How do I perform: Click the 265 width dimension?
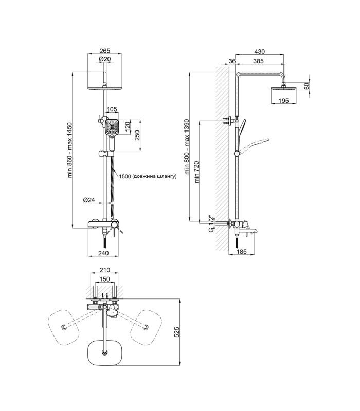[105, 51]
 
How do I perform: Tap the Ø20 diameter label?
[105, 59]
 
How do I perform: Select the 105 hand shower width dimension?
[112, 109]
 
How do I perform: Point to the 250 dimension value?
[137, 135]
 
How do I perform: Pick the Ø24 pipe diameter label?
[88, 200]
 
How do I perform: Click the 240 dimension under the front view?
[103, 253]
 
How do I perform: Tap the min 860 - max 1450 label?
[70, 150]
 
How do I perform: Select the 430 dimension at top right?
[260, 52]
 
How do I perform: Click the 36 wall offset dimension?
[232, 61]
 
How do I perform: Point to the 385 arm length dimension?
[259, 61]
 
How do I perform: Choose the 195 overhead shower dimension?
[283, 100]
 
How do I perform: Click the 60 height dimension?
[307, 86]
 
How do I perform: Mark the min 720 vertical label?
[197, 172]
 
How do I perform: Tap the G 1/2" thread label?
[210, 223]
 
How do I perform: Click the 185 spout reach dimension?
[241, 252]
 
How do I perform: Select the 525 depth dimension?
[176, 332]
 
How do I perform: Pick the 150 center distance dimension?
[105, 279]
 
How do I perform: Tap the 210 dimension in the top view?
[105, 270]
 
